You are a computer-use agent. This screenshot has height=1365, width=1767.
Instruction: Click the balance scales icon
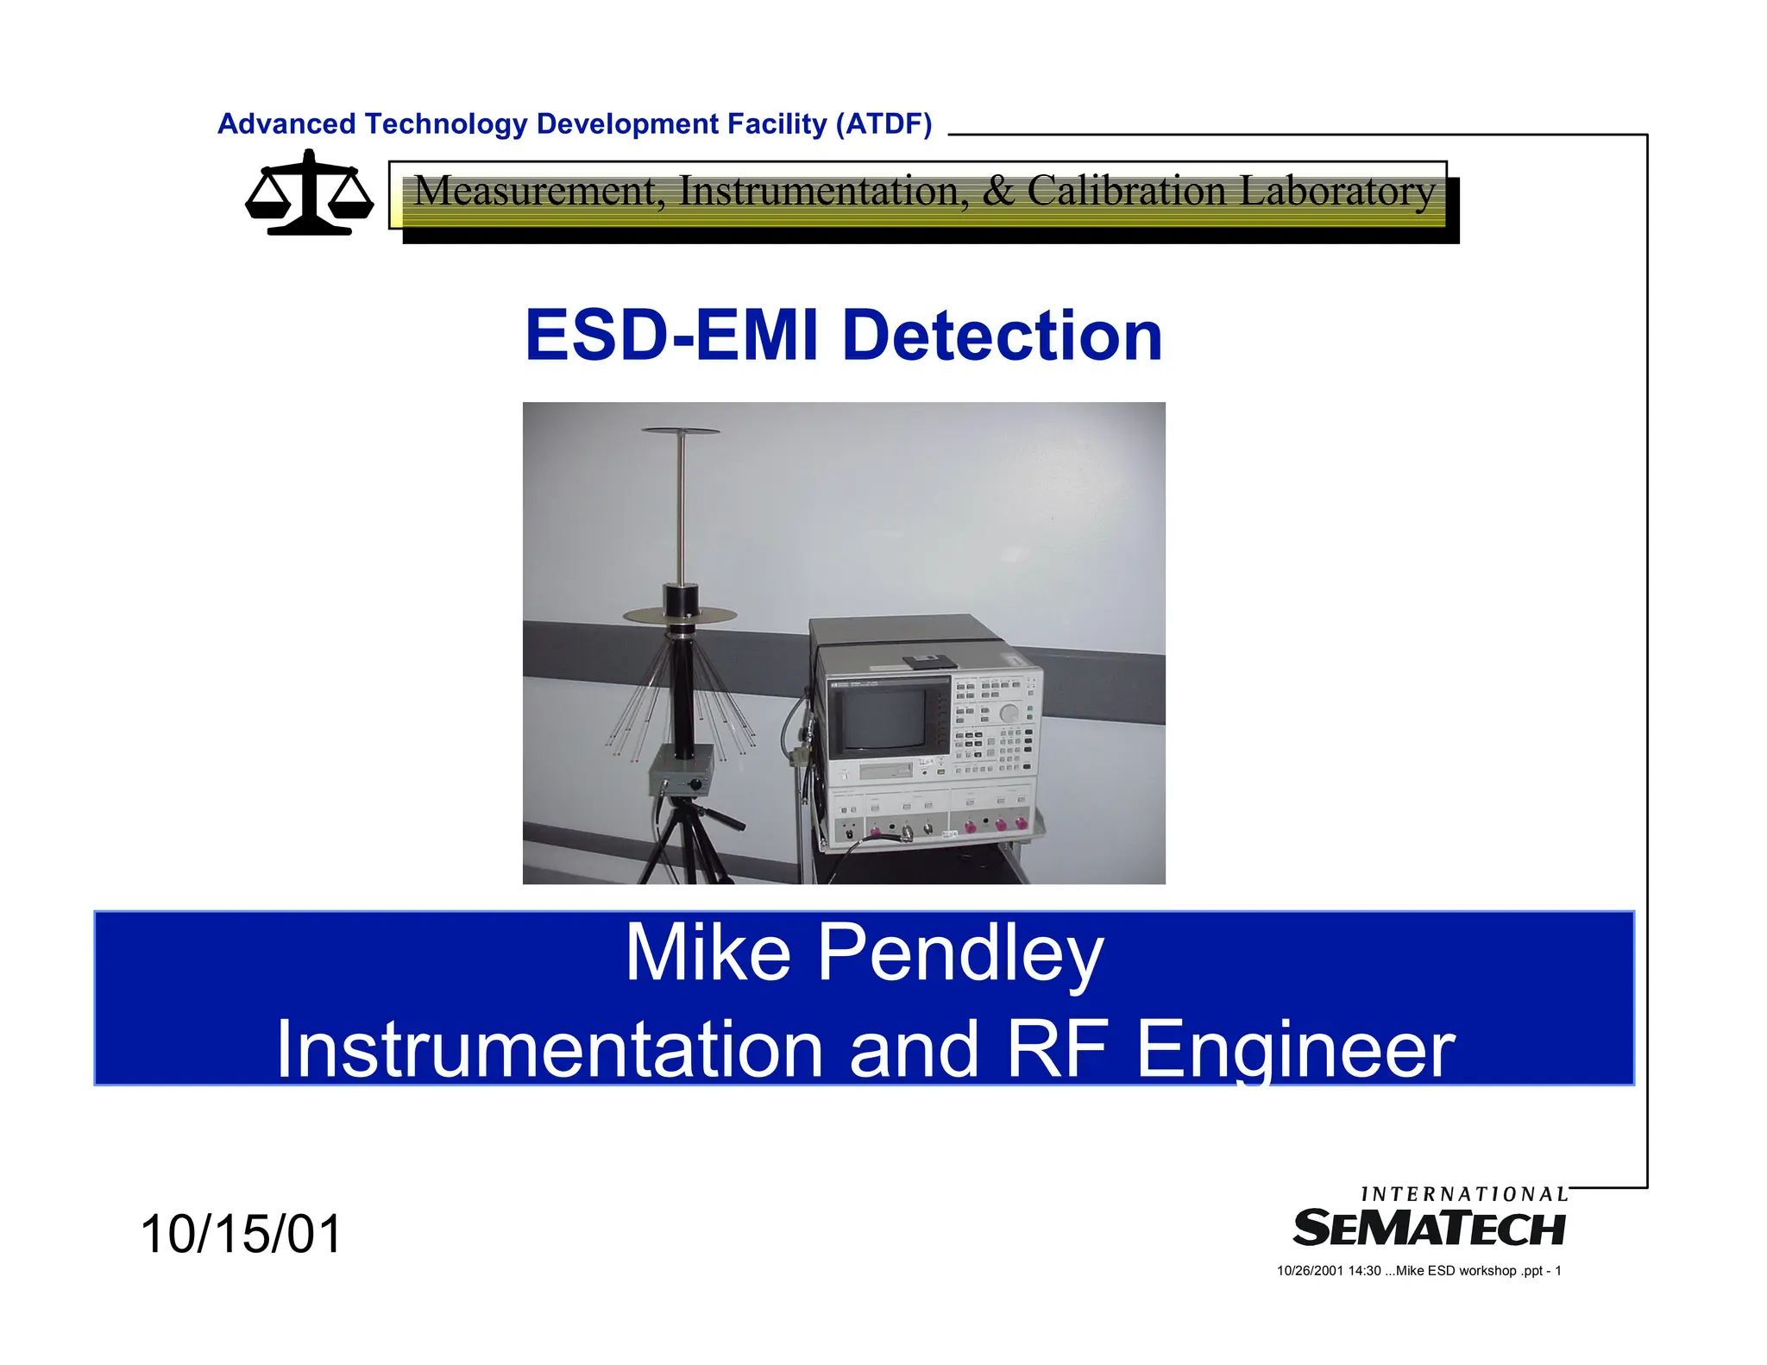click(310, 193)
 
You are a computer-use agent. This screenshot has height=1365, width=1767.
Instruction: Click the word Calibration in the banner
click(1126, 191)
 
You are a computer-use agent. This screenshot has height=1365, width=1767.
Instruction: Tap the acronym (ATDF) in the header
click(883, 124)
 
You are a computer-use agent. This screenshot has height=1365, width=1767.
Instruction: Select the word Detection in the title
click(1002, 336)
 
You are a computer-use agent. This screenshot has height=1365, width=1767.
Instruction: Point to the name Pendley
click(959, 953)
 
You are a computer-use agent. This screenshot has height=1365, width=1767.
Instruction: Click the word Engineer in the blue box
click(1295, 1049)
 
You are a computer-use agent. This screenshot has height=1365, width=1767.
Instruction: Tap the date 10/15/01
click(241, 1234)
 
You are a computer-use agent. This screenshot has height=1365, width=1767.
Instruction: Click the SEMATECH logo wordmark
click(1429, 1229)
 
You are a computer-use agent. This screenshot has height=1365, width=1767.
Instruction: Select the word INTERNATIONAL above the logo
click(1464, 1194)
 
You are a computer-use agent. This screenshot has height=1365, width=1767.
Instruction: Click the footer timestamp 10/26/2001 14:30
click(1329, 1271)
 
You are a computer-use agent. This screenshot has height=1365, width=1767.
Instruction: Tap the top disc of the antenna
click(681, 431)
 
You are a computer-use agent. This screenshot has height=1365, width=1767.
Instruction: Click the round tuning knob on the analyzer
click(1009, 713)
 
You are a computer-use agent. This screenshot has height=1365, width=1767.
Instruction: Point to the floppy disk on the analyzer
click(928, 662)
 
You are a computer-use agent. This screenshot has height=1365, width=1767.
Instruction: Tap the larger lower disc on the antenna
click(681, 615)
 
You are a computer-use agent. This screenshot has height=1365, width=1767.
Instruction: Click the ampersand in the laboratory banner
click(998, 191)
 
